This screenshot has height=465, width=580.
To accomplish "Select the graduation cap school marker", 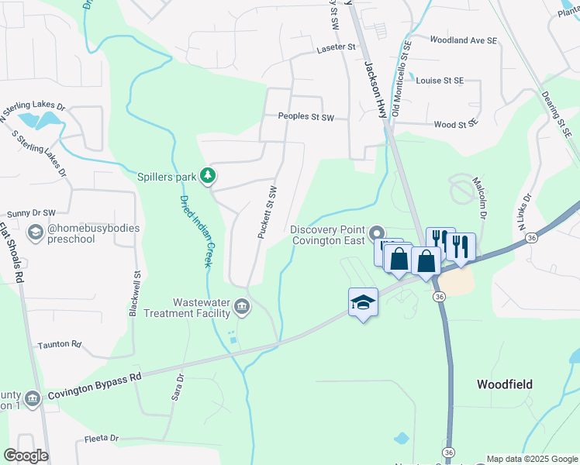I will (363, 302).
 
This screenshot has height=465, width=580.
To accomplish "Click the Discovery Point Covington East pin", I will (377, 232).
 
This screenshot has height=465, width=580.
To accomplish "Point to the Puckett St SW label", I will (266, 212).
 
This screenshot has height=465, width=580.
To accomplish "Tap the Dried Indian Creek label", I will (195, 231).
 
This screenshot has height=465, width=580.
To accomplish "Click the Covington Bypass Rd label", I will (95, 385).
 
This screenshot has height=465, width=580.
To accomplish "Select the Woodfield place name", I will (505, 384).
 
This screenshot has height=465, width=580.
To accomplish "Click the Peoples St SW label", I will (306, 118).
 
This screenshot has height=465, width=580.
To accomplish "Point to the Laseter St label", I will (335, 48).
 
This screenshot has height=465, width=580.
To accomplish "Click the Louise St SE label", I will (439, 81).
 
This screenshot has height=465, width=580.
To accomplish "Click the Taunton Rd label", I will (59, 343).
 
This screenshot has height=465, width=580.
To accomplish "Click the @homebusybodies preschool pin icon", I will (35, 232).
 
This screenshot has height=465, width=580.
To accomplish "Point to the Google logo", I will (26, 456).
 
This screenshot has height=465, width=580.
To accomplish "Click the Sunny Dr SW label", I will (31, 213).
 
